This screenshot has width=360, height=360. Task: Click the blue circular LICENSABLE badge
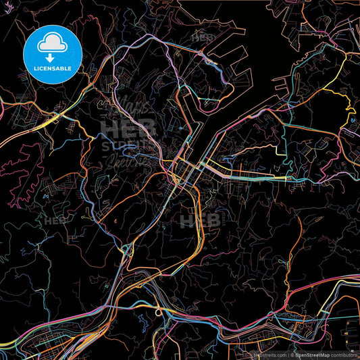tap(52, 52)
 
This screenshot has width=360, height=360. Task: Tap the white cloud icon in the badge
tap(52, 43)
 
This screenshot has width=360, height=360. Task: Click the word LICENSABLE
tap(52, 68)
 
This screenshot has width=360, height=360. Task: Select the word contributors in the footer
tap(344, 354)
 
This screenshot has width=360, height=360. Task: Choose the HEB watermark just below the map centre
tap(200, 221)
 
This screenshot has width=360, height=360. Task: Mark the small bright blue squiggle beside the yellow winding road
tap(353, 122)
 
